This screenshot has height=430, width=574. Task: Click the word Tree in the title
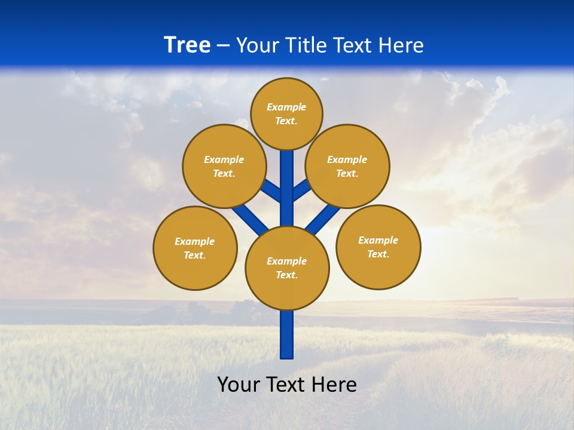(x=187, y=45)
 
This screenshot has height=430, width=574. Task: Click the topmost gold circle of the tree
(x=286, y=113)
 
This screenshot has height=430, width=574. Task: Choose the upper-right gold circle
(x=347, y=166)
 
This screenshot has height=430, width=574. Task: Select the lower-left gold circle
(x=195, y=248)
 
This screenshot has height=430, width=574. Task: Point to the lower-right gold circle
(x=378, y=247)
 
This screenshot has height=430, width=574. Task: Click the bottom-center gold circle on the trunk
(x=287, y=268)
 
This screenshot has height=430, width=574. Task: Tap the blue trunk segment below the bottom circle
(x=287, y=334)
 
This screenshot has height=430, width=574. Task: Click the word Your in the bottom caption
(x=238, y=385)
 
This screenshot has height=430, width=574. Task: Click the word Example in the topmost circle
(x=286, y=107)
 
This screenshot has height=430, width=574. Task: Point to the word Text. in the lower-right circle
(x=378, y=254)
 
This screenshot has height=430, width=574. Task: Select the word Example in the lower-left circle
(x=195, y=241)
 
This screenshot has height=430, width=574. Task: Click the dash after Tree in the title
(x=223, y=46)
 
